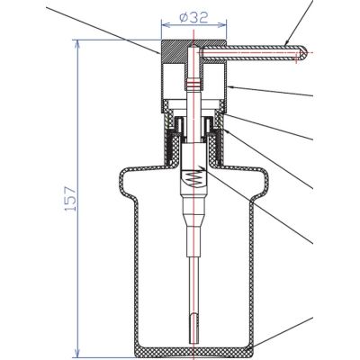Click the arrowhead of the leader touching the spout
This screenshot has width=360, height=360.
coord(284,44)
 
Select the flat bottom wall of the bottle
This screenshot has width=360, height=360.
coord(193,352)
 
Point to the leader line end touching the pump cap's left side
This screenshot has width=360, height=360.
coord(162,51)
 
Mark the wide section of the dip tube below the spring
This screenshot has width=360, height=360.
coord(191,220)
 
